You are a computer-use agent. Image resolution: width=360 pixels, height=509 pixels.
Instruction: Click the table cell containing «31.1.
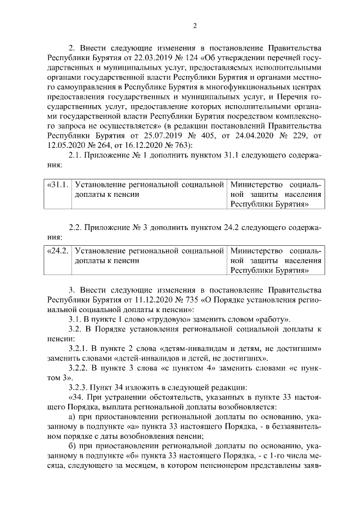pyautogui.click(x=56, y=184)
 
